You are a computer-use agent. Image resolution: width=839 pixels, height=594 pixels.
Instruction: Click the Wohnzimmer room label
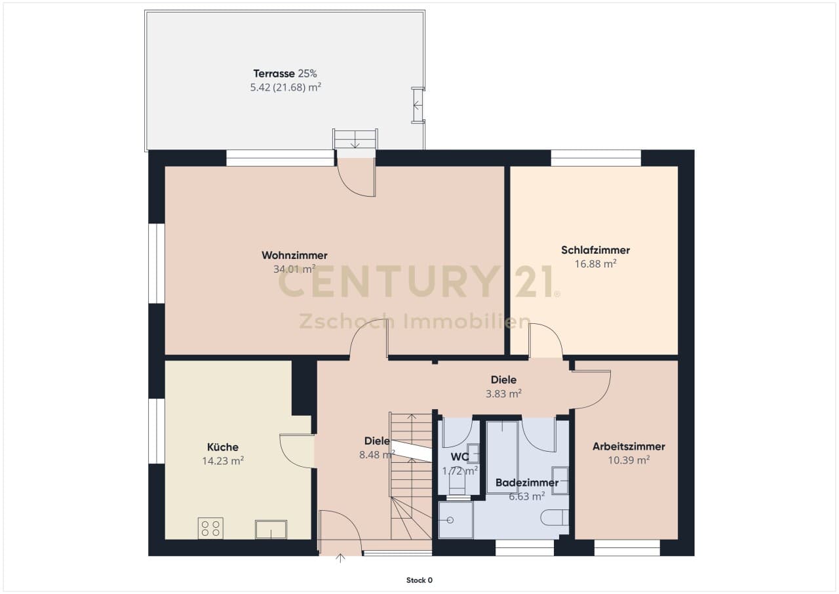[294, 256]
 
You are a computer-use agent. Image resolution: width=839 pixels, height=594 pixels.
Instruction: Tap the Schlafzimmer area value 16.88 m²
[596, 264]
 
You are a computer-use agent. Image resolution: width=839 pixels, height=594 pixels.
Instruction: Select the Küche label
[223, 446]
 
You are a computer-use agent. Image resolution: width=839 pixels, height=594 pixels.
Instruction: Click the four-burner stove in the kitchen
[210, 528]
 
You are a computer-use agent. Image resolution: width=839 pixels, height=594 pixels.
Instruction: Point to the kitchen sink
[271, 530]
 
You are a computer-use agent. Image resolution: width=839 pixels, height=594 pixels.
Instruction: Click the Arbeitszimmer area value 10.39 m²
[629, 460]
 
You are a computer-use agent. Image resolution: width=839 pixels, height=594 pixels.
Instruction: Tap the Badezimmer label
[527, 483]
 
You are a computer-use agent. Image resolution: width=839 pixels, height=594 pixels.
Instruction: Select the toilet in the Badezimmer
[555, 517]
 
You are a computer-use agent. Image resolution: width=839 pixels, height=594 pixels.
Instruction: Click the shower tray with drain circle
[456, 520]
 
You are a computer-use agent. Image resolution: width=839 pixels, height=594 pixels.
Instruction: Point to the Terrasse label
[274, 73]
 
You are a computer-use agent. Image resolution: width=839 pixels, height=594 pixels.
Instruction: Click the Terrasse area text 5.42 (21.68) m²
[286, 87]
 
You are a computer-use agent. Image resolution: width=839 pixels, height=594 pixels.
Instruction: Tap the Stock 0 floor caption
[419, 580]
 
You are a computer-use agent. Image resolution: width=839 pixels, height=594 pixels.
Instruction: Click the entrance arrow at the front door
[340, 558]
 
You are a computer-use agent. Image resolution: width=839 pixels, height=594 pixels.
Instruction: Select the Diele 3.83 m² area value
[504, 393]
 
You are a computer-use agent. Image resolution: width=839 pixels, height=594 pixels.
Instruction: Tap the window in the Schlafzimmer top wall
[596, 157]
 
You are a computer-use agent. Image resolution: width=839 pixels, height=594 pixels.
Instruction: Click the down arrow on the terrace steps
[355, 143]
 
